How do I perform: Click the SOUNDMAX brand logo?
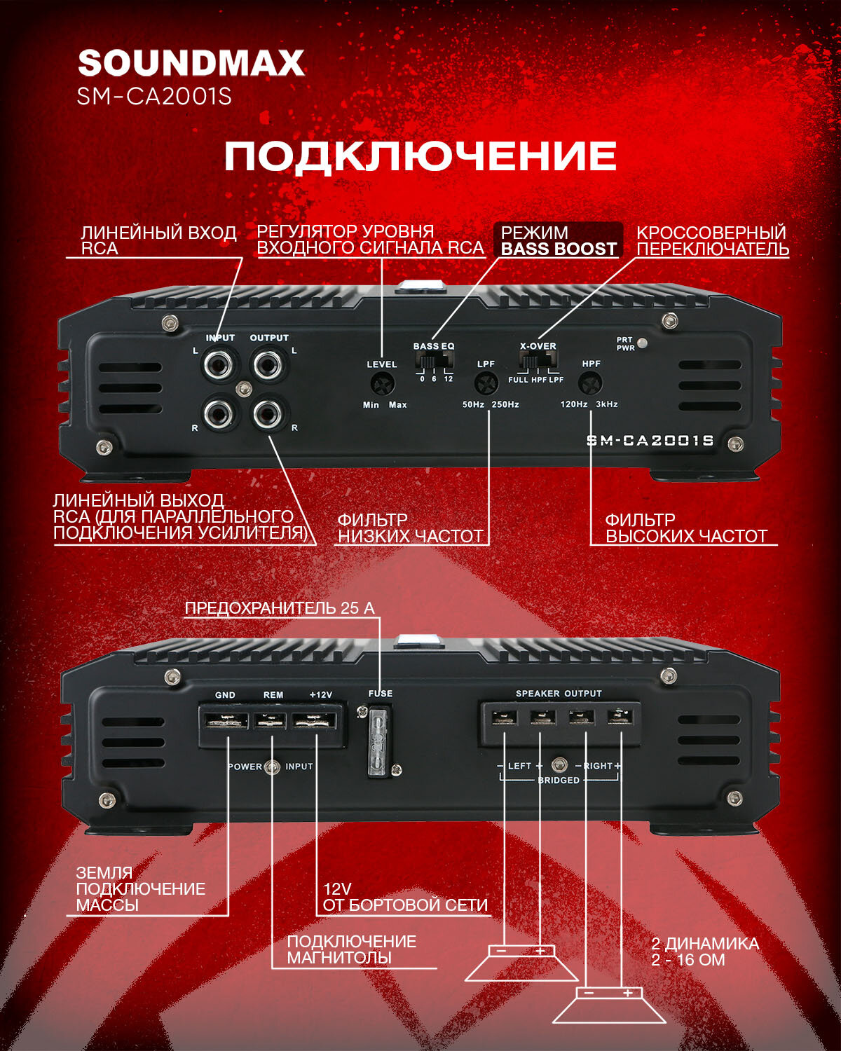click(191, 63)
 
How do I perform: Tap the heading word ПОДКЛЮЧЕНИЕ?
click(420, 156)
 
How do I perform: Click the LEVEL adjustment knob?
click(383, 384)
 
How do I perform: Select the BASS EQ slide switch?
click(434, 361)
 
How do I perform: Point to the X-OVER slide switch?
click(538, 361)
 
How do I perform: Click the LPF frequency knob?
click(486, 383)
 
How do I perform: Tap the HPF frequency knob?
click(590, 383)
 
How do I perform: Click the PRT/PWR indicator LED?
click(643, 343)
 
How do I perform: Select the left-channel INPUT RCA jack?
click(219, 364)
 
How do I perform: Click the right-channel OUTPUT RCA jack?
click(268, 415)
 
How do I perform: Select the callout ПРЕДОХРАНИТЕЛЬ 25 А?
click(280, 608)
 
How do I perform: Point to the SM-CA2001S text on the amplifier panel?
click(650, 441)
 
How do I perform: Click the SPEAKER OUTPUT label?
click(559, 694)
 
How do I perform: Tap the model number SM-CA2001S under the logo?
click(154, 96)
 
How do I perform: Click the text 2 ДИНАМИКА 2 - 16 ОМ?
click(704, 952)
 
